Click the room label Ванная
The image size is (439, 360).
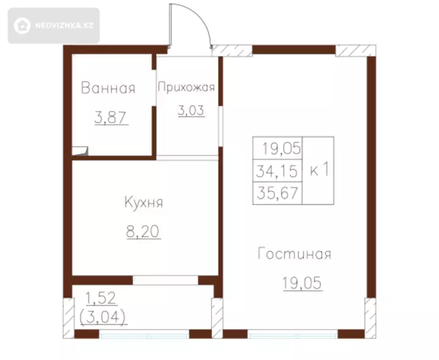tap(108, 88)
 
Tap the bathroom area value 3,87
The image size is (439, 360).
tap(111, 117)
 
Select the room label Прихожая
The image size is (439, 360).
tap(187, 87)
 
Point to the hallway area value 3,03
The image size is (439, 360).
tap(191, 110)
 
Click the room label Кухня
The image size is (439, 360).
tap(143, 202)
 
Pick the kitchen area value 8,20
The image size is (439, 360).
tap(143, 232)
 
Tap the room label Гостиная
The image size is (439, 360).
tap(294, 254)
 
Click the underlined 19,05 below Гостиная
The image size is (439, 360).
tap(302, 283)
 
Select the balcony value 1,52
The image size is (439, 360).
tap(101, 298)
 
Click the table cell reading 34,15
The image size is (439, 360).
tap(277, 171)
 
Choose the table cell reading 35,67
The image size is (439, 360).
tap(277, 193)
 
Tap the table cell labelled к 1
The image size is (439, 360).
tap(318, 170)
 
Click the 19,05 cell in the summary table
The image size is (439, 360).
tap(277, 148)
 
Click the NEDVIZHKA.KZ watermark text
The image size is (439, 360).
tap(64, 26)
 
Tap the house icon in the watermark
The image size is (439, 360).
tap(22, 26)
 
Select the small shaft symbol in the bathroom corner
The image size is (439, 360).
tap(80, 151)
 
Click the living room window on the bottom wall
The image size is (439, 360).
tap(293, 334)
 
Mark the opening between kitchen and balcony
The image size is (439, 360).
tap(165, 280)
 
